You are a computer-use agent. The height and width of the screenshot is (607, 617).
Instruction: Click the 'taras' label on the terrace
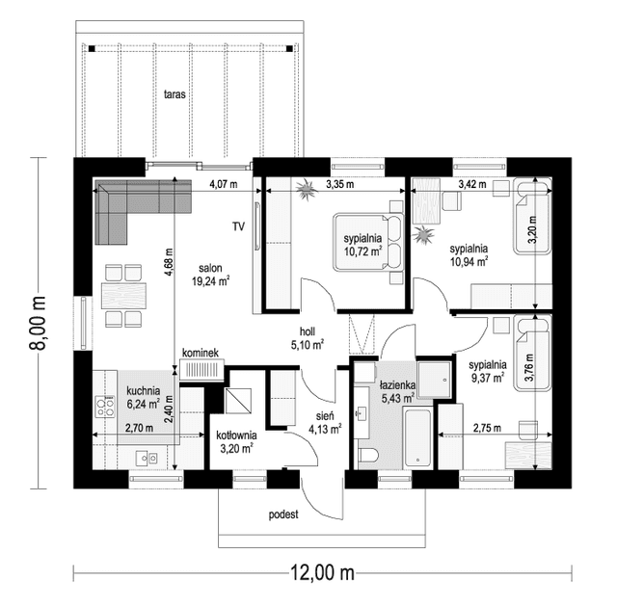tap(174, 94)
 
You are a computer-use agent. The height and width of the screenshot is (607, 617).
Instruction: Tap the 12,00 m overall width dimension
tap(322, 573)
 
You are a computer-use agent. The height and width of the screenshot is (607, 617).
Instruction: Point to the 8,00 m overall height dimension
tap(38, 323)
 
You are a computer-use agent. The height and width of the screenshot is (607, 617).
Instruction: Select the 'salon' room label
tap(210, 268)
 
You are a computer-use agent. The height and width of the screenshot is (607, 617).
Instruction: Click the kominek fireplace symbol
tap(201, 370)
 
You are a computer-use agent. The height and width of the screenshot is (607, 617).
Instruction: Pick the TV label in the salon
tap(238, 226)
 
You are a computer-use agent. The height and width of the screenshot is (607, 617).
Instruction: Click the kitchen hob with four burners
tap(105, 407)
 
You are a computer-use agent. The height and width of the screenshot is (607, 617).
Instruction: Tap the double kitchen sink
tap(147, 458)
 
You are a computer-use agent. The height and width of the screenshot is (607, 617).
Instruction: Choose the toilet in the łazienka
tap(368, 456)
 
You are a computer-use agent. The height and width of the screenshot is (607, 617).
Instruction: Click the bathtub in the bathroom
tap(417, 438)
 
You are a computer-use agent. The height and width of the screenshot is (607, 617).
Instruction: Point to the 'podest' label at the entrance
tap(283, 515)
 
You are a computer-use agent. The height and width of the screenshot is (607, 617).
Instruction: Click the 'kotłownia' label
tap(236, 435)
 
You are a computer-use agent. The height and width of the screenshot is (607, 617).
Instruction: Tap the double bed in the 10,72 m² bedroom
tap(368, 243)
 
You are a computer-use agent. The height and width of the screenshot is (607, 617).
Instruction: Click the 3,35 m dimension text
tap(339, 184)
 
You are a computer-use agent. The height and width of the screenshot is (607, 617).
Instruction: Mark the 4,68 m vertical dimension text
tap(169, 262)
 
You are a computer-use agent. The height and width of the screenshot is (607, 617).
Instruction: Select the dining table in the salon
tap(123, 296)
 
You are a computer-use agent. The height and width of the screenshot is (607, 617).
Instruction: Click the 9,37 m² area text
tap(488, 378)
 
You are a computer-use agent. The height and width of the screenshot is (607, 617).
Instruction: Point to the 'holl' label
tap(308, 331)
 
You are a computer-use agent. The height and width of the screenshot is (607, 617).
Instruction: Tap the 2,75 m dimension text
tap(487, 428)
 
